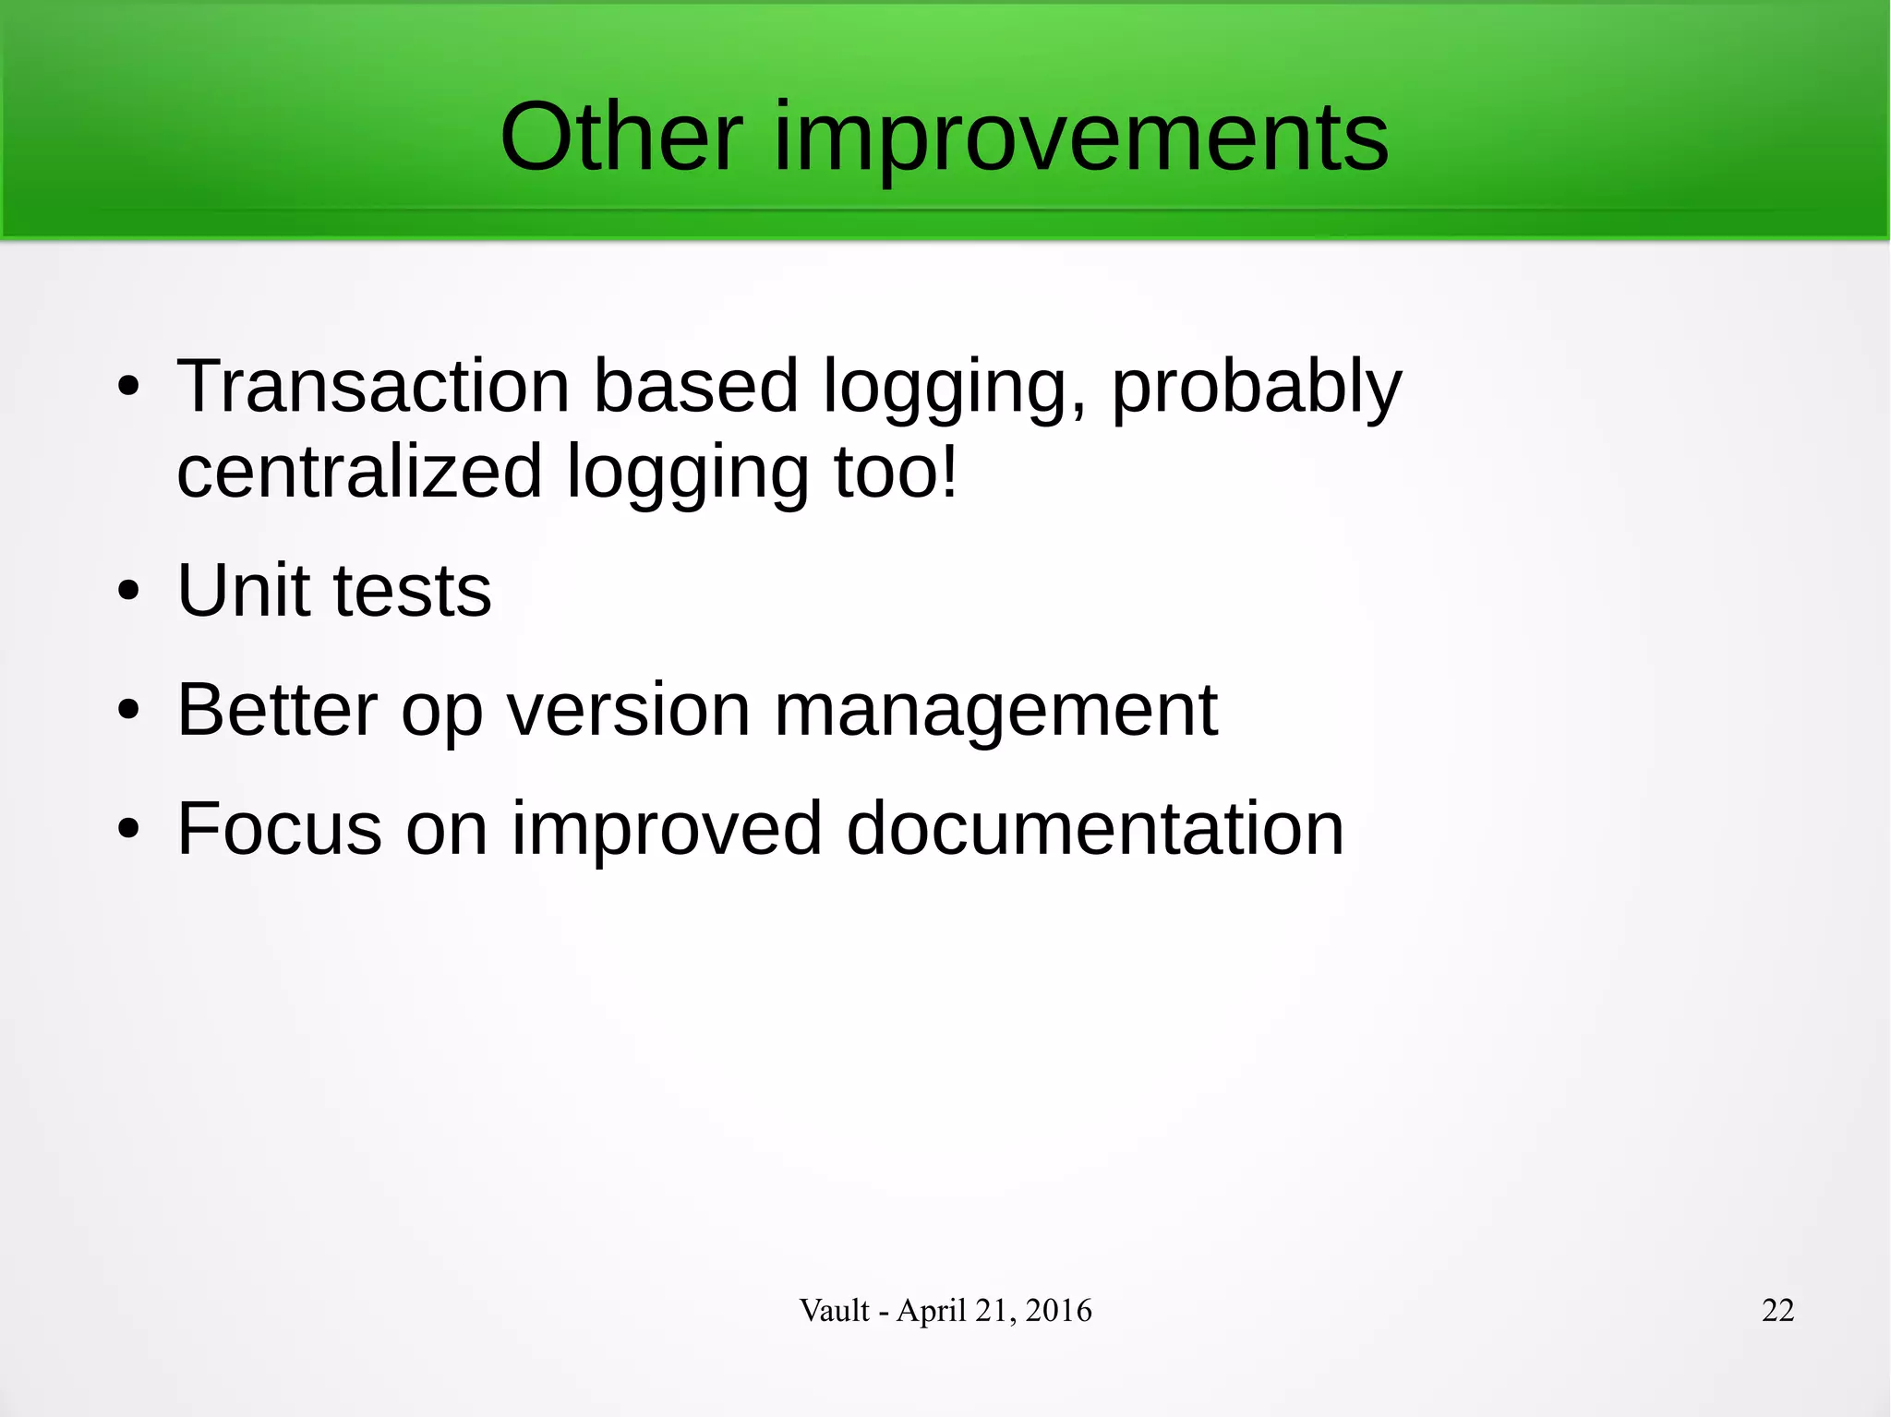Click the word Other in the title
point(620,138)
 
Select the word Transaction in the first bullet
point(373,386)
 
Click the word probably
point(1256,388)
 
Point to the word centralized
point(359,472)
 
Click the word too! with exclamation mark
point(897,472)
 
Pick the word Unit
point(243,591)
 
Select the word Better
point(277,710)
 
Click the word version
point(628,710)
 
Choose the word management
point(995,712)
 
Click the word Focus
point(279,828)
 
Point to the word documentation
point(1094,828)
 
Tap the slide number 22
point(1777,1310)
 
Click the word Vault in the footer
point(834,1310)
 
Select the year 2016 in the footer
point(1058,1310)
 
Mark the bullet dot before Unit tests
point(128,592)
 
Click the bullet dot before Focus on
point(128,830)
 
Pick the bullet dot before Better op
point(128,711)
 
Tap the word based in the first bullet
point(694,386)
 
